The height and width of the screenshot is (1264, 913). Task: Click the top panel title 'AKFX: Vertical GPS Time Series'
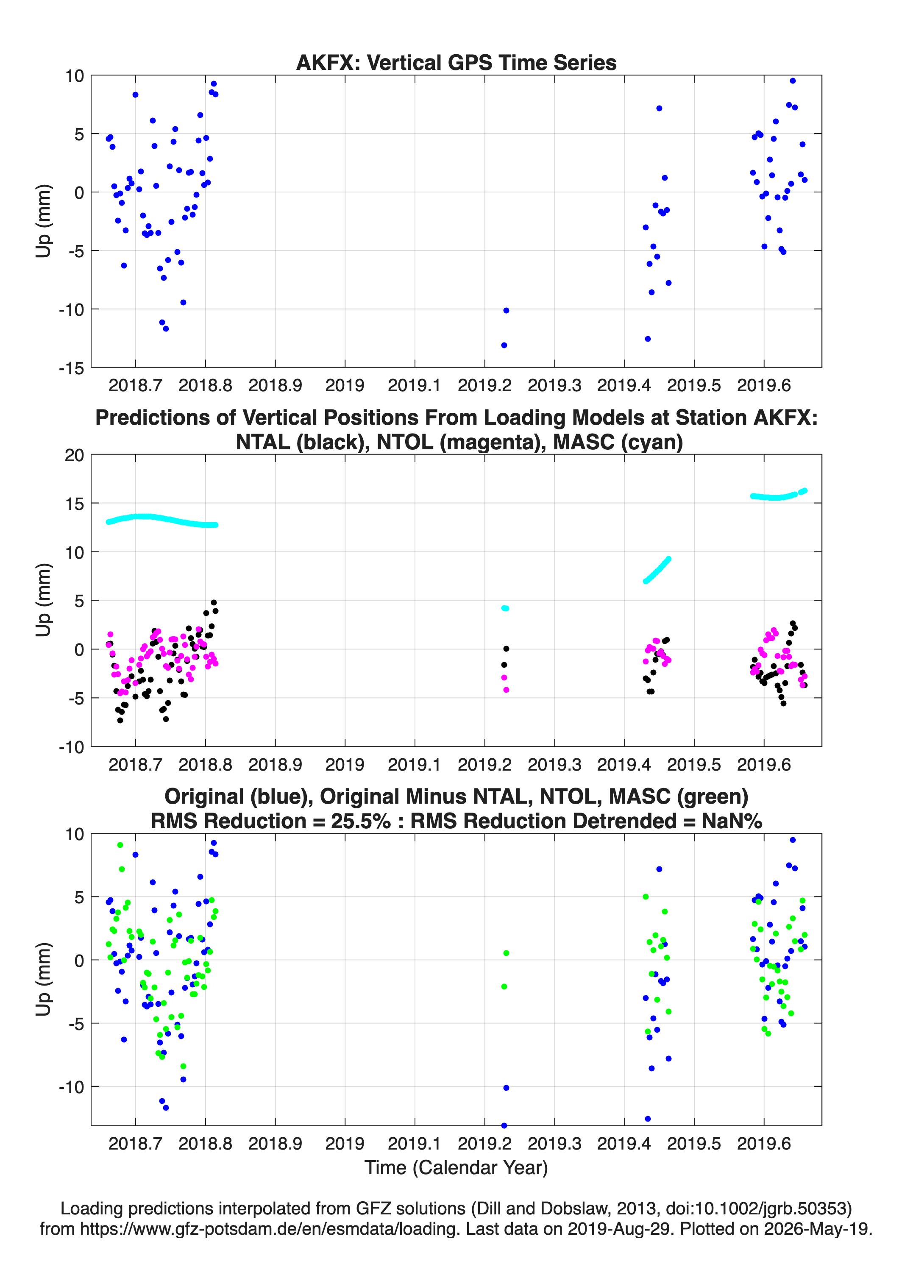point(456,62)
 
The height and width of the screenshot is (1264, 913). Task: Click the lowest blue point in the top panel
point(504,345)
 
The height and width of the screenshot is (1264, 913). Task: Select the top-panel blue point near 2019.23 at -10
point(506,310)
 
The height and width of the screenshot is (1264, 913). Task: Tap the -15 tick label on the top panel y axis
point(71,368)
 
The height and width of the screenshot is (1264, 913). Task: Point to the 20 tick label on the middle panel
point(74,455)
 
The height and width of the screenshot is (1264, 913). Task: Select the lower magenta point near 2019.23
point(506,690)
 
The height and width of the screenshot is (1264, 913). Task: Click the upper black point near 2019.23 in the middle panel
point(506,649)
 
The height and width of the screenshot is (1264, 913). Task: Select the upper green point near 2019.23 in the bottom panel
point(506,953)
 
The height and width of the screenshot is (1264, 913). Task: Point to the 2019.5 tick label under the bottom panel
point(694,1143)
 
